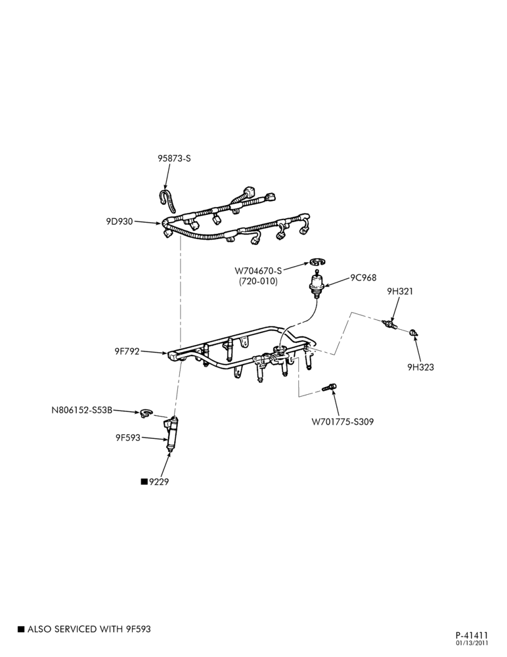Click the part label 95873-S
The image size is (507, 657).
174,158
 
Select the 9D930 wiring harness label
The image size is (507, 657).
120,221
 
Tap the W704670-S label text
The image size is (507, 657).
258,271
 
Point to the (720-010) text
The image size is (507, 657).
259,281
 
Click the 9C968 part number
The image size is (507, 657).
363,277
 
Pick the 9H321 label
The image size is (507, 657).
400,291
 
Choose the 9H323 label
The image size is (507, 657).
421,367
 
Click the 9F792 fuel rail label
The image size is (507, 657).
127,351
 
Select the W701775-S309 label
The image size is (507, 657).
342,422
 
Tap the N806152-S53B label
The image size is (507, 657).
81,410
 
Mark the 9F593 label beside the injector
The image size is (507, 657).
128,438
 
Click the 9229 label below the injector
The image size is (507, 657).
159,482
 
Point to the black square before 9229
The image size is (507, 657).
144,482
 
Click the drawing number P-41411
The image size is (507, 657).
472,635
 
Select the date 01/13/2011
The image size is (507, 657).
472,643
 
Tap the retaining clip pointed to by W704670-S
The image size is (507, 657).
318,262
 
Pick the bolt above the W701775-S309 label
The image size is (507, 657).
329,388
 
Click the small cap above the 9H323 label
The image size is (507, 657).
414,332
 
